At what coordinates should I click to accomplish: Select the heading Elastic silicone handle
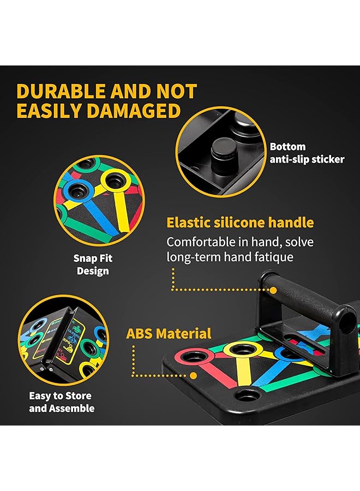tap(240, 223)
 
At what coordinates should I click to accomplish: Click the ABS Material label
tap(169, 333)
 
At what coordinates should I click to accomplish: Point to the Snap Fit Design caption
tap(93, 265)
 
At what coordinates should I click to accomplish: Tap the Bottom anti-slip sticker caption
tap(307, 153)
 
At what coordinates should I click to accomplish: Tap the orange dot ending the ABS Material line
tap(193, 375)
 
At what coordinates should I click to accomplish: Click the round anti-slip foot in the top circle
tap(223, 148)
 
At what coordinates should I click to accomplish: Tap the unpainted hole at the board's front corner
tap(248, 396)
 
